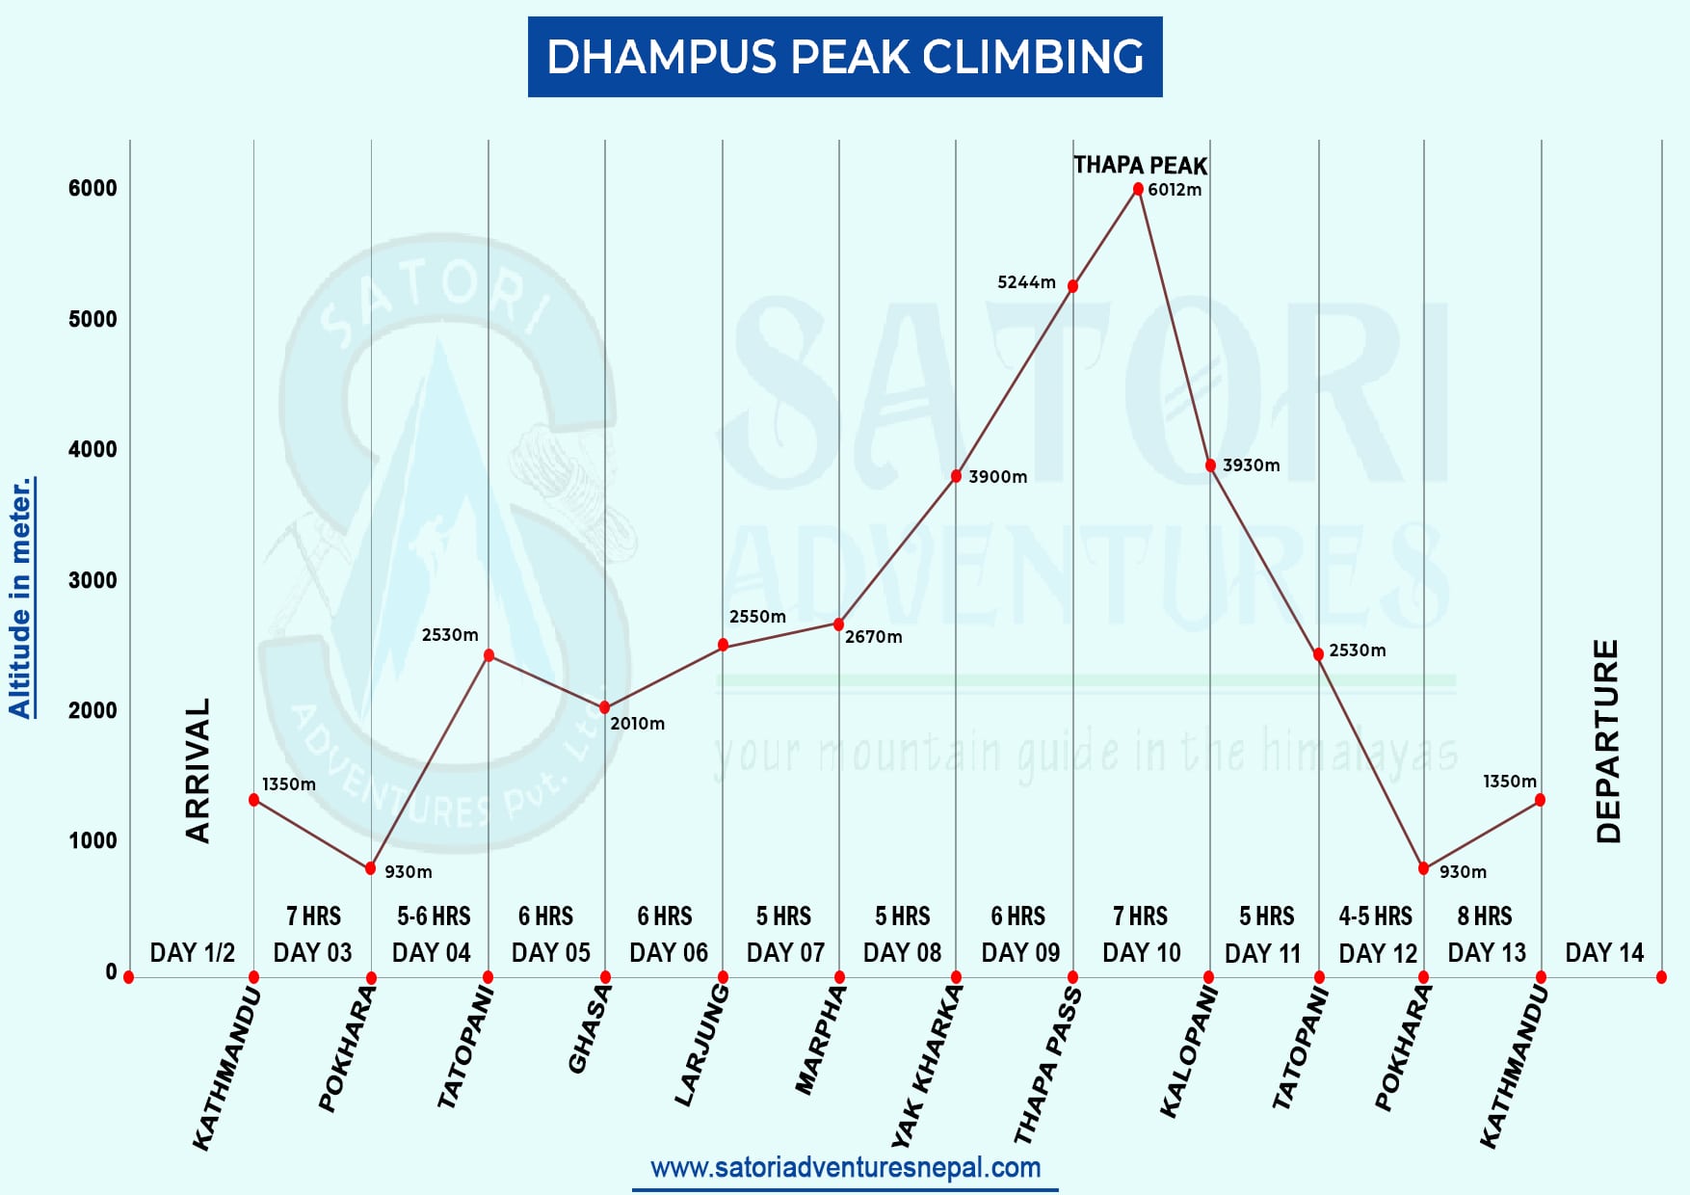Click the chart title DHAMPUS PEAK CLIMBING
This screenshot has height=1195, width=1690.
845,57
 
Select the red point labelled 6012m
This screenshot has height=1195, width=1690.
1138,189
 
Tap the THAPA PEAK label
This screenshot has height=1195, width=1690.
1140,165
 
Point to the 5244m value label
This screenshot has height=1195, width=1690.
1026,282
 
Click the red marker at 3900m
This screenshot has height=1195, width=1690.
956,476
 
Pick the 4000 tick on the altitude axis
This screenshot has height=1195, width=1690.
92,449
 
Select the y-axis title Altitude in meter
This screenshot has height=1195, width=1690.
21,597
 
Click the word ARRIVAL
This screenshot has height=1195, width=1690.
198,771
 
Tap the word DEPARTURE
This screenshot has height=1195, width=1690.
1608,742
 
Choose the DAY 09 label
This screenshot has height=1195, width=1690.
1020,953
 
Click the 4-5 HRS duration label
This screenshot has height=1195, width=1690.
1375,916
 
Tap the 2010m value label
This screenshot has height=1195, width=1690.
637,724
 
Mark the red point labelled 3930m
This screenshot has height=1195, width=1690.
1210,465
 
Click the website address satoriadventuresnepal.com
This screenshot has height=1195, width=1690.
845,1168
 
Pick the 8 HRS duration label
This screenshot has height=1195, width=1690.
1485,916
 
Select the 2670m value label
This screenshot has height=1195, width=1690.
873,637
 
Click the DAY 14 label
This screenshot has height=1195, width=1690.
1604,953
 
